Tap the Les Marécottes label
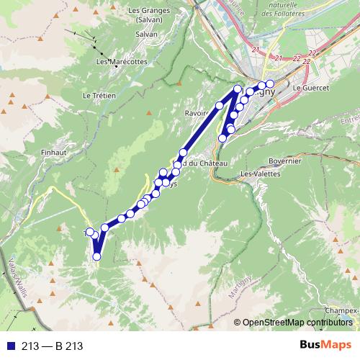(117, 62)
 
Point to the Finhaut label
(55, 132)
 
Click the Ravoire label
(197, 112)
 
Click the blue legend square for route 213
(10, 346)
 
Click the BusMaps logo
(325, 346)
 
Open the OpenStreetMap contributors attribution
(297, 322)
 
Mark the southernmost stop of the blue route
(96, 256)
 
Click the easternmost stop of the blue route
(270, 84)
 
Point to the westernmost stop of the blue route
(90, 232)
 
